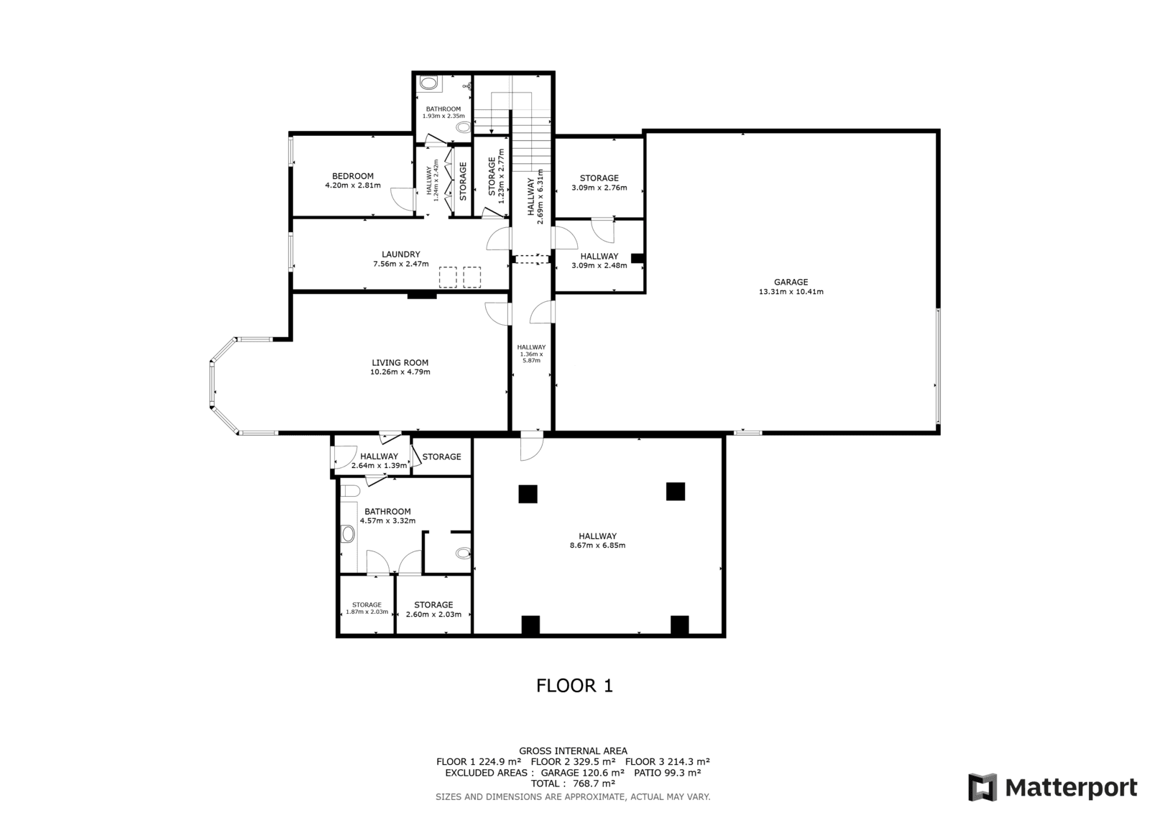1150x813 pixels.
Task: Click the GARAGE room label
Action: [x=791, y=282]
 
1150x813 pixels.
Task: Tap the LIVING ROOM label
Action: [x=400, y=362]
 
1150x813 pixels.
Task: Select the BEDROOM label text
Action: [x=353, y=176]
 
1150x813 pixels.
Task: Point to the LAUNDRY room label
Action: [x=401, y=254]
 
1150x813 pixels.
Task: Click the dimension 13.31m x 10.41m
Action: [x=791, y=292]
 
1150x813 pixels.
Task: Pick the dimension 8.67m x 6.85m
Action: [x=597, y=546]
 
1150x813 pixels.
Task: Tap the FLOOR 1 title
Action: [x=574, y=686]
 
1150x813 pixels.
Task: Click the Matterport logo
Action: [x=1052, y=787]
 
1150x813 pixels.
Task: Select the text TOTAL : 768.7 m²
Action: [x=573, y=784]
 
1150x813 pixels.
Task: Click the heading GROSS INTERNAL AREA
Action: [x=573, y=751]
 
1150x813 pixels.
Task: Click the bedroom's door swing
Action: [x=402, y=198]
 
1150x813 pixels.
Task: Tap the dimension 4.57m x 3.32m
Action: [x=387, y=520]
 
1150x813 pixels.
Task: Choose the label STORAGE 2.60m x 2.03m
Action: [x=434, y=610]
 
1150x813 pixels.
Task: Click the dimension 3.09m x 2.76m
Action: [x=599, y=188]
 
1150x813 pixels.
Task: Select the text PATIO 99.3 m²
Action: [x=668, y=773]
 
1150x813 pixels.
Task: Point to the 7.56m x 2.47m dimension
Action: [x=401, y=264]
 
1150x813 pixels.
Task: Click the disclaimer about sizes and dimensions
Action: [x=573, y=797]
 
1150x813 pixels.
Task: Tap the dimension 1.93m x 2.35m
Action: [x=443, y=116]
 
